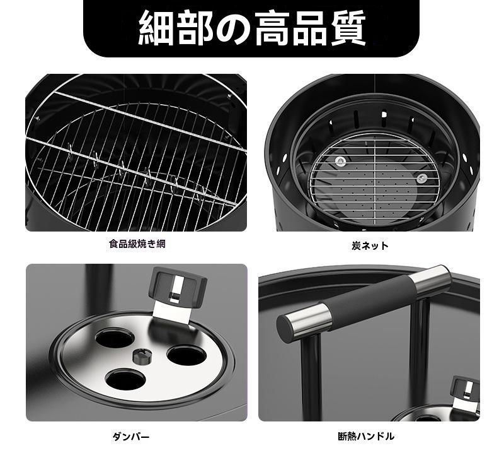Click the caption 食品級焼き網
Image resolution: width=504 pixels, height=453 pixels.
point(137,244)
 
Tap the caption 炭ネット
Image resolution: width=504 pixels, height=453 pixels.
point(370,246)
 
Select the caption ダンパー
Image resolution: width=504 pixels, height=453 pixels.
point(131,437)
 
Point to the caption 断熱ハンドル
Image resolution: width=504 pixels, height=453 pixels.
point(366,436)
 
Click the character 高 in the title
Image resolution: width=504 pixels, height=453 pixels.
point(271,28)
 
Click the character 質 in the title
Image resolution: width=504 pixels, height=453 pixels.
point(348,28)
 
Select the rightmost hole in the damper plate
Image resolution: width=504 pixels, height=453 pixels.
point(186,355)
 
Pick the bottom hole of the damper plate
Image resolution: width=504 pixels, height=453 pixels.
point(125,380)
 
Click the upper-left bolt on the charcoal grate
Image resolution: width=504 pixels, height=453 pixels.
point(340,162)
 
